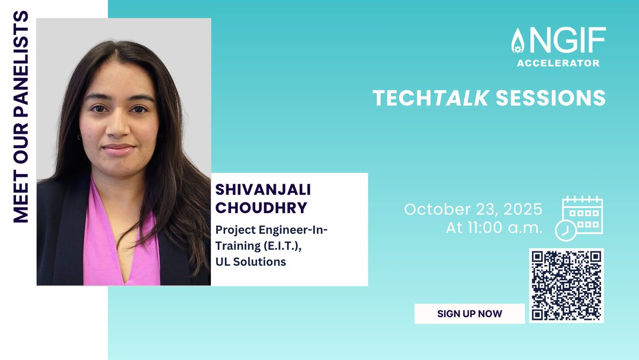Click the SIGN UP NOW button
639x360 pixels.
pos(469,314)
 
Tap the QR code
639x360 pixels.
pos(567,285)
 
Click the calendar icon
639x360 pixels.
pos(583,215)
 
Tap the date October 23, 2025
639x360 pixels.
pos(473,209)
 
